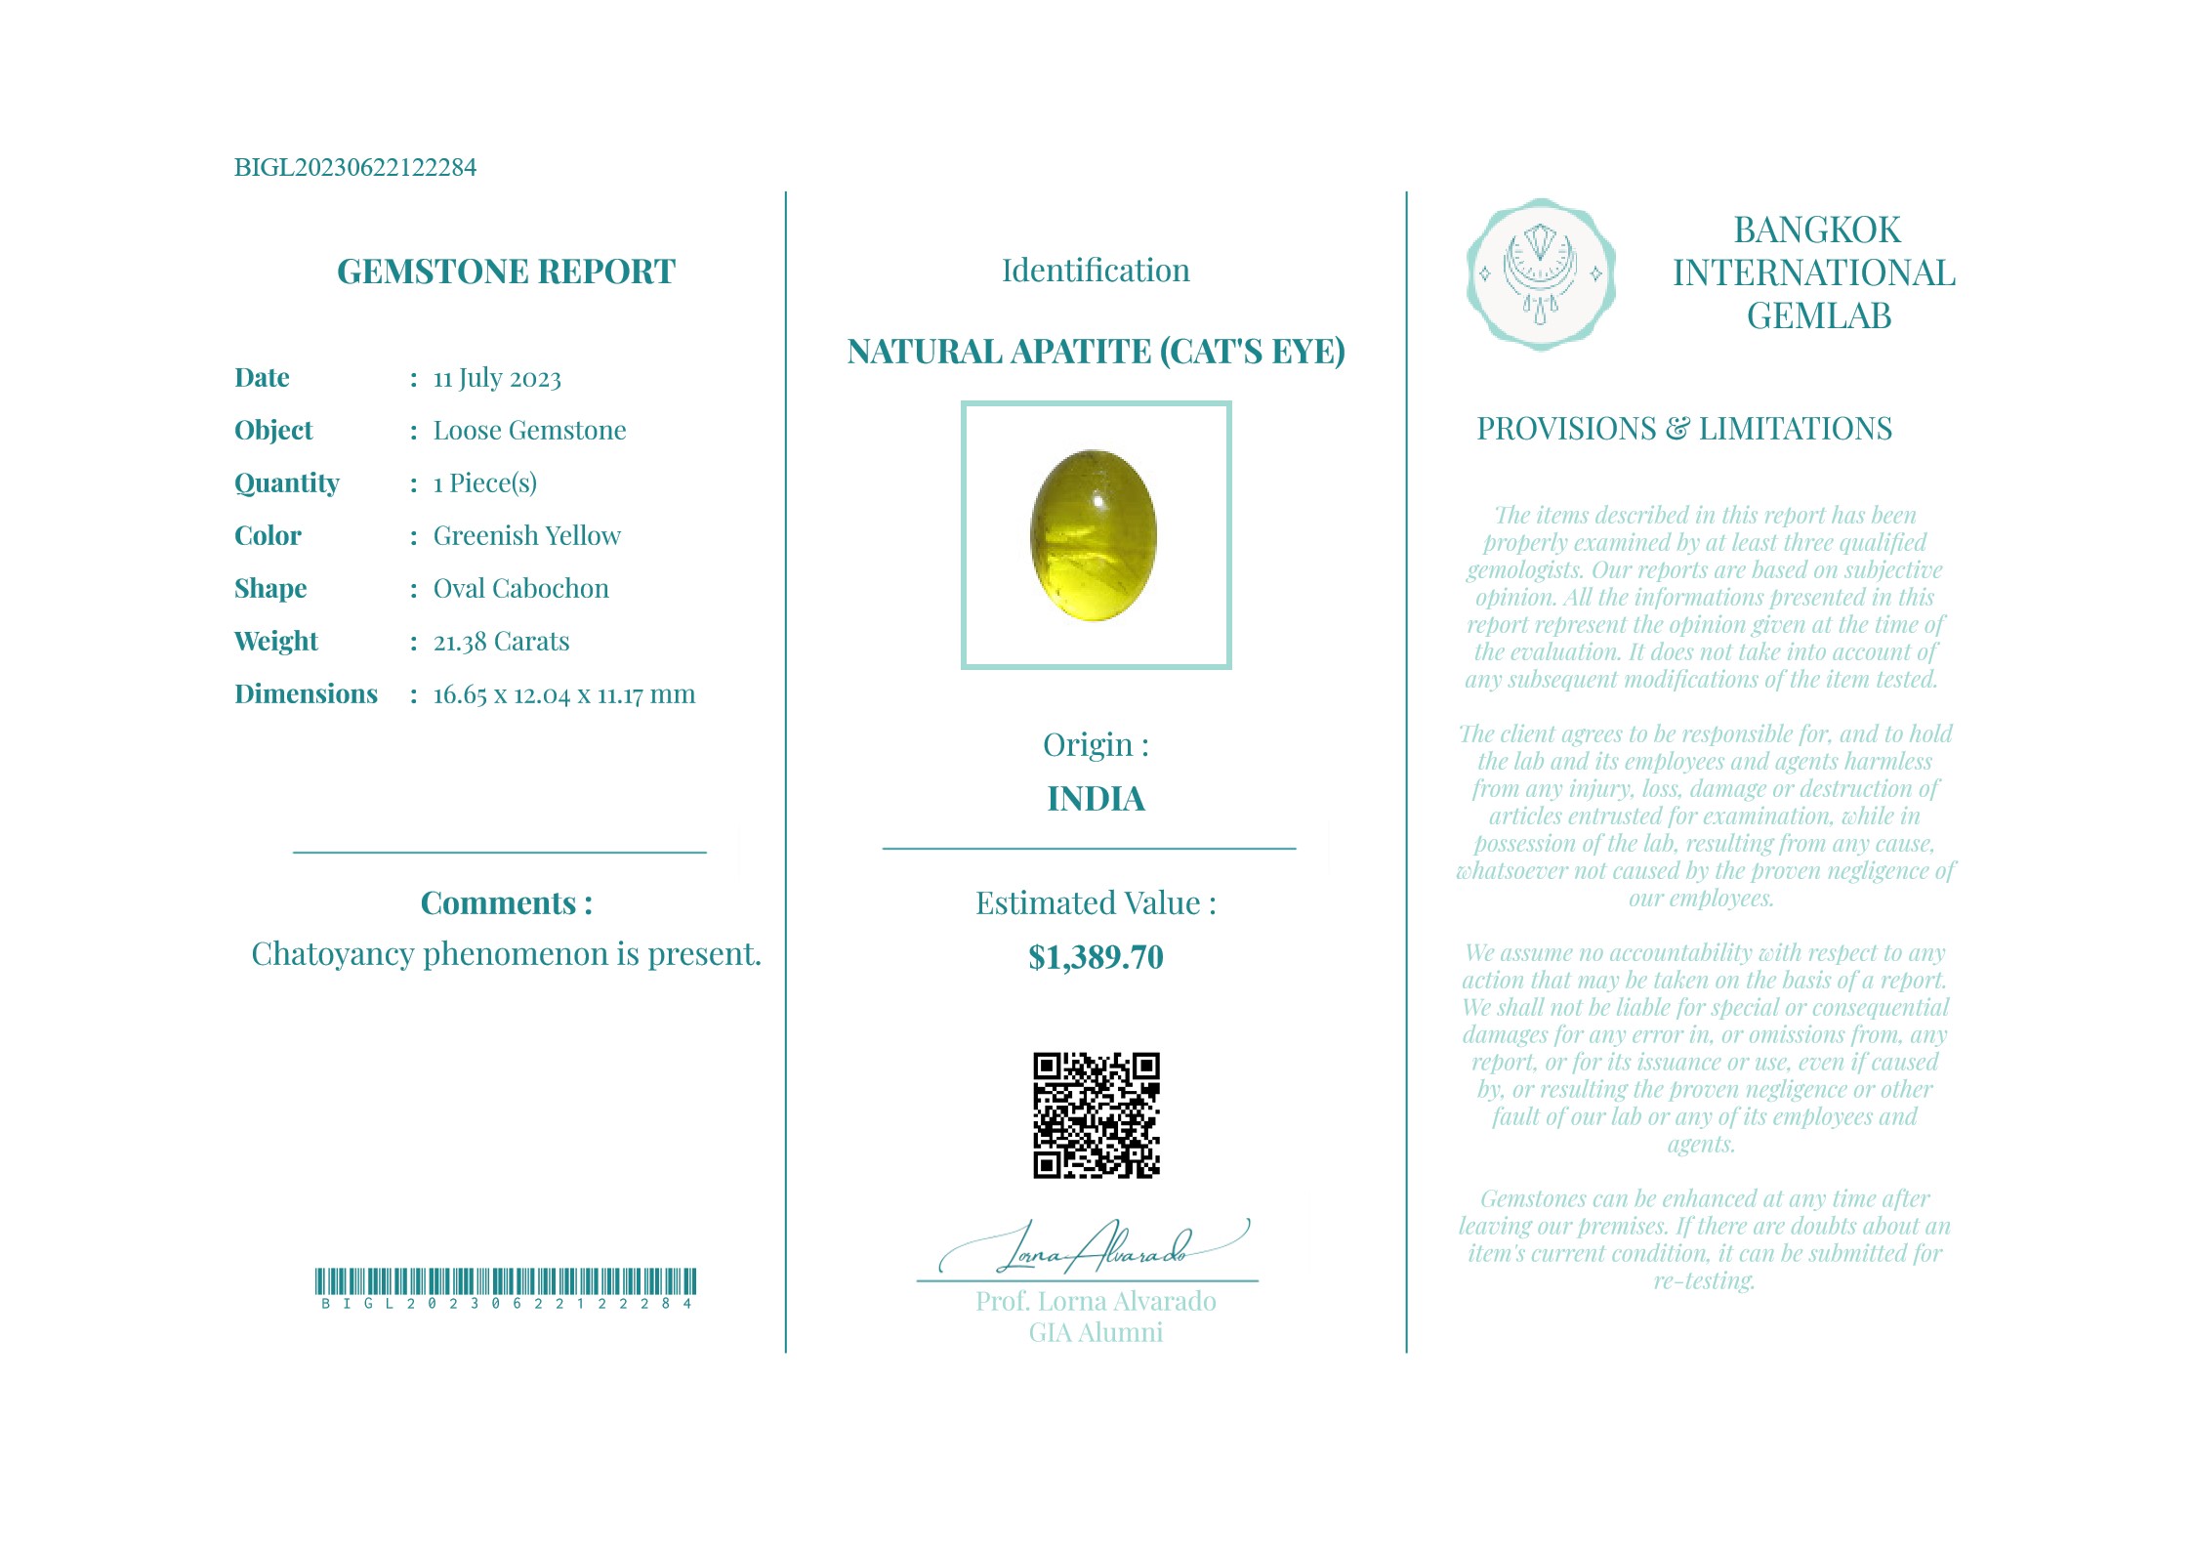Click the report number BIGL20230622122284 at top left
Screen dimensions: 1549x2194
click(354, 167)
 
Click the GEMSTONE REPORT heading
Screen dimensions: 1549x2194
click(506, 272)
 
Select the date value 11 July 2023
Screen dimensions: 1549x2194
click(497, 378)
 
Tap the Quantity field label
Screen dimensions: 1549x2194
click(286, 482)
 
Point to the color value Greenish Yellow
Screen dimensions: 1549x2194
click(526, 535)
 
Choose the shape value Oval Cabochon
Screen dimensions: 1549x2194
click(520, 588)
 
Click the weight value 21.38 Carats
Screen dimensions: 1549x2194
click(501, 641)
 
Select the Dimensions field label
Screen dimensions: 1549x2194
click(306, 693)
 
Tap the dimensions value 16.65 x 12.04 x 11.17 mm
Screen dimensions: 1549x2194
click(563, 693)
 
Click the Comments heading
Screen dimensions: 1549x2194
click(506, 902)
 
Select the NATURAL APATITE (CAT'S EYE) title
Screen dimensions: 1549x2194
click(1096, 351)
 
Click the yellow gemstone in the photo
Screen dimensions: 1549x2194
click(1094, 534)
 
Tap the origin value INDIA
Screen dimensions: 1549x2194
click(1096, 799)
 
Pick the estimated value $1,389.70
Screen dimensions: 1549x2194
click(1096, 957)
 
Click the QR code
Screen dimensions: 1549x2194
click(1096, 1114)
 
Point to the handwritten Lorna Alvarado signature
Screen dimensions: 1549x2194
click(1094, 1248)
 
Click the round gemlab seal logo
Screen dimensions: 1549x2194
click(1540, 274)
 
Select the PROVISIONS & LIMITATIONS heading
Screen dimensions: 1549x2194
click(1683, 429)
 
